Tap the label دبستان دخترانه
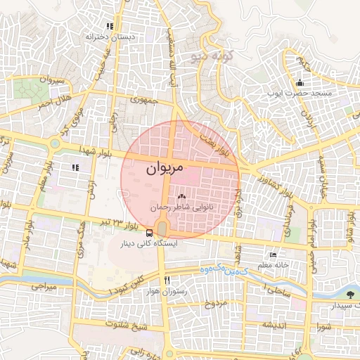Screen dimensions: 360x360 tap(110, 36)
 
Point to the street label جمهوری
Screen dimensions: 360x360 tap(142, 100)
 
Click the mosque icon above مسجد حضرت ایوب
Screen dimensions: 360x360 tap(300, 82)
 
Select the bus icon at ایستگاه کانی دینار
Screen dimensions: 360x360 tap(150, 233)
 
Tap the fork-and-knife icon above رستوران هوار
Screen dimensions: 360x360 tap(167, 279)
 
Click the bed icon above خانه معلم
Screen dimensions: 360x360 tap(273, 254)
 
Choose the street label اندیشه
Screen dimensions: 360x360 tap(276, 325)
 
